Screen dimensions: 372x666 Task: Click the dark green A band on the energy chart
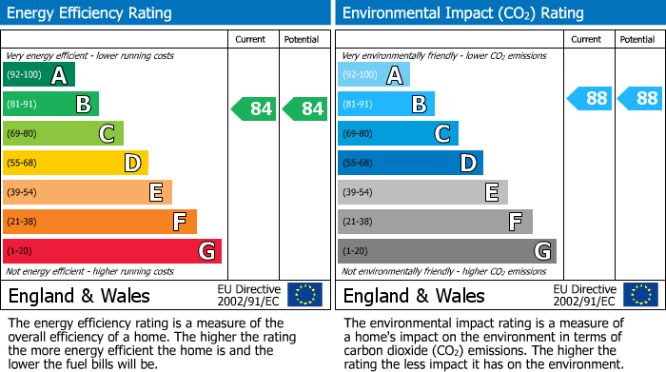(x=38, y=75)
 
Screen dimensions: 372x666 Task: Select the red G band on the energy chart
(x=111, y=251)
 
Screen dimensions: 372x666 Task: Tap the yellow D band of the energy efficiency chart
(x=75, y=163)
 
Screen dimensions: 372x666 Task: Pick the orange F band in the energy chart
(x=99, y=222)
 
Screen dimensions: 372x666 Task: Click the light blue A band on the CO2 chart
(x=374, y=75)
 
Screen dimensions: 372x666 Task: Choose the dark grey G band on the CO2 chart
(x=446, y=251)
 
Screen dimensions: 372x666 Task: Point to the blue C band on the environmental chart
(x=398, y=133)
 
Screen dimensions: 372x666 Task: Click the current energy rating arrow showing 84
(x=254, y=108)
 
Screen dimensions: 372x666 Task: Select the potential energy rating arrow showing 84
(x=305, y=108)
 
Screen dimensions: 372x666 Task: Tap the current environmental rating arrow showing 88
(x=590, y=98)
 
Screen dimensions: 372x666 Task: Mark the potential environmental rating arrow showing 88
(x=640, y=98)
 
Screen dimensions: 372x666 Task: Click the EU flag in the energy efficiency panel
(x=304, y=294)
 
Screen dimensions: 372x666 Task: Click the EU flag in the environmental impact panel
(x=639, y=294)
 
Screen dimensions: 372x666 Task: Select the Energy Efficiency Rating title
(x=90, y=13)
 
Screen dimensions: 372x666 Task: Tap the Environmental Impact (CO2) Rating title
(x=462, y=13)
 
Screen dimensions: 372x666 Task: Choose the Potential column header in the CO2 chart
(x=637, y=39)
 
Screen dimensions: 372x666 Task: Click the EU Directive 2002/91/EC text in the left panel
(x=248, y=294)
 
